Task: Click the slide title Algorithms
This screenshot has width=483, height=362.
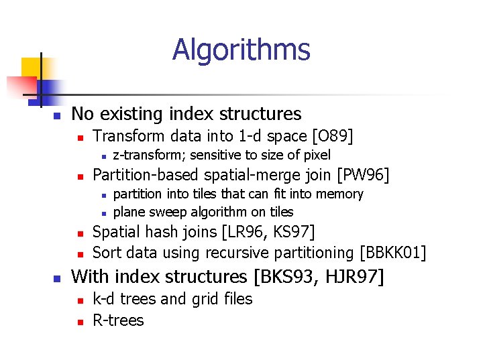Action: click(x=241, y=50)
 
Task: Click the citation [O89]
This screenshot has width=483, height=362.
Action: click(x=333, y=137)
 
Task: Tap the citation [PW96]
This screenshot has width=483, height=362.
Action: click(x=364, y=176)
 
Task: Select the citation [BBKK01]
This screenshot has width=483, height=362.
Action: click(x=393, y=253)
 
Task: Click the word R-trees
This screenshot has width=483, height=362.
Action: click(x=118, y=320)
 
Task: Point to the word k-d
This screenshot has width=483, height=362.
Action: click(x=103, y=299)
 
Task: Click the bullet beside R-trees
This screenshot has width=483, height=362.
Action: click(x=79, y=322)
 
